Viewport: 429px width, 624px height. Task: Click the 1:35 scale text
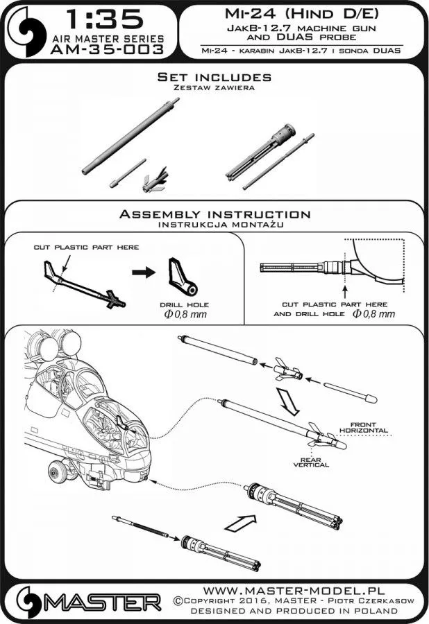106,19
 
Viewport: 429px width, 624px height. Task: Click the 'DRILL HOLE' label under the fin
183,304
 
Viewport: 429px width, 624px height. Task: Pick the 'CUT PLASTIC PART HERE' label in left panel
87,247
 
